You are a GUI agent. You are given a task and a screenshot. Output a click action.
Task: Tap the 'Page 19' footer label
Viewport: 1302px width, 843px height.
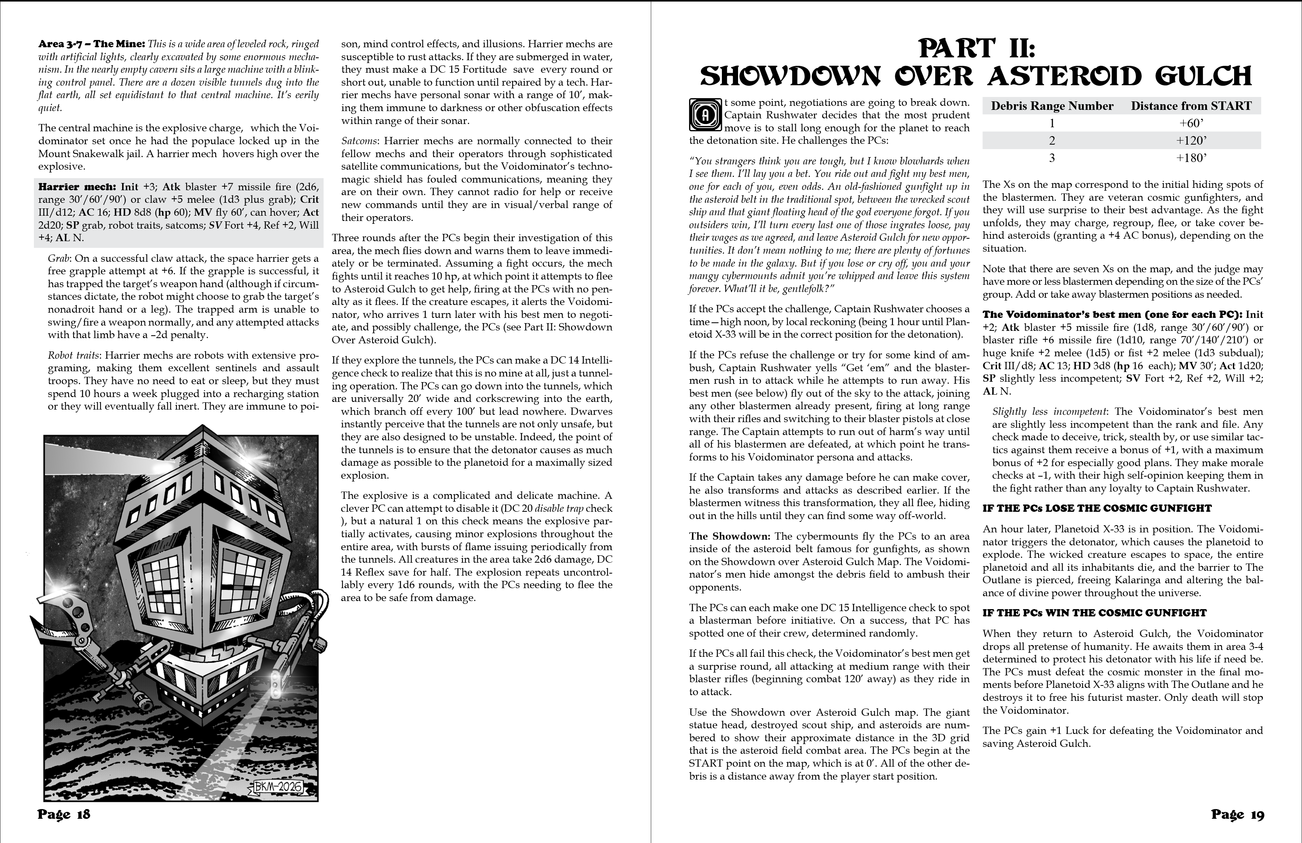pos(1237,815)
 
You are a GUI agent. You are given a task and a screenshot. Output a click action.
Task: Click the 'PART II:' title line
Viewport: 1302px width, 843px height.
pos(976,48)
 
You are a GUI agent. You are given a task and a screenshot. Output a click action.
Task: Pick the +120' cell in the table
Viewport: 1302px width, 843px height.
pos(1191,141)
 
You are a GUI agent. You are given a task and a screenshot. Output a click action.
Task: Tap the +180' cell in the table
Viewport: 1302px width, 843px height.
pos(1191,158)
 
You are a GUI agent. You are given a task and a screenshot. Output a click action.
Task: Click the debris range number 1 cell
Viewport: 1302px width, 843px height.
pos(1052,124)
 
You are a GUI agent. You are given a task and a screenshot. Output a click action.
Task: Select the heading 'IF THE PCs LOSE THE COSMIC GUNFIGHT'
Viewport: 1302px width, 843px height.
pos(1097,508)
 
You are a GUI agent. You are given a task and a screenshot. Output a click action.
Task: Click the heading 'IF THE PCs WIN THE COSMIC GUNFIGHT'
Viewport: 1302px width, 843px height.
pos(1094,613)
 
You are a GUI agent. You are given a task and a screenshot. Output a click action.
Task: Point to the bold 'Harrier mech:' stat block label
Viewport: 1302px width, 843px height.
pos(77,187)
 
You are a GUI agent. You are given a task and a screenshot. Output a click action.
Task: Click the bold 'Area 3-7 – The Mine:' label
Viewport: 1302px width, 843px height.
pos(91,44)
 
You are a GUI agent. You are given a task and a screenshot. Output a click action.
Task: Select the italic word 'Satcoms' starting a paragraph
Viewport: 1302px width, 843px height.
pos(359,141)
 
